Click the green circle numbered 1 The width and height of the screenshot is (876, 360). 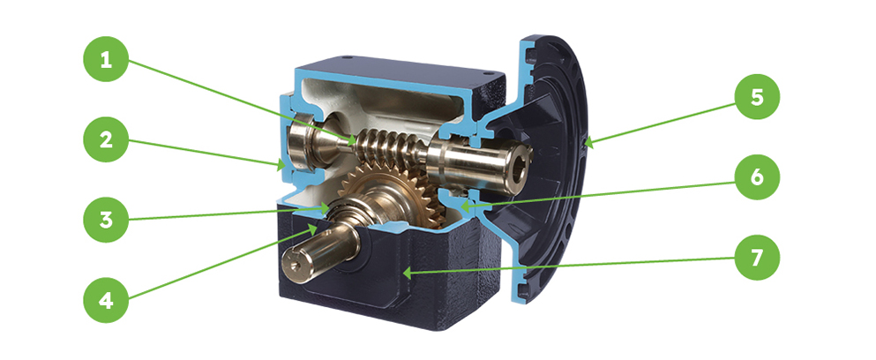[106, 59]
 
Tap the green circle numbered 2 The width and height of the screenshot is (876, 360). [106, 139]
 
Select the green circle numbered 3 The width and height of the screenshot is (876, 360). [106, 219]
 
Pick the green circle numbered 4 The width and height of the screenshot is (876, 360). [106, 300]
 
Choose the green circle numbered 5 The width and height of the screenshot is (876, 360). [756, 97]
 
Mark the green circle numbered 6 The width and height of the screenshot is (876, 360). [756, 176]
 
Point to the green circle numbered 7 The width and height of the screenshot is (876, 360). [756, 257]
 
